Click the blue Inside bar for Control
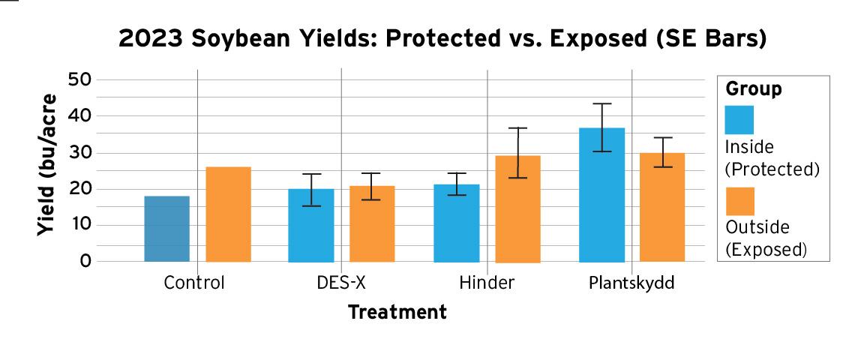tap(166, 229)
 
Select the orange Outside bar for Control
tap(228, 214)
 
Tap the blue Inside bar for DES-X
tap(311, 225)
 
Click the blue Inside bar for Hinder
tap(456, 223)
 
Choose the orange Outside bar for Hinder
tap(517, 209)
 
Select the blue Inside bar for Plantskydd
tap(601, 195)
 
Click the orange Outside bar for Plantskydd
tap(662, 207)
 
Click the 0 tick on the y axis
tap(85, 262)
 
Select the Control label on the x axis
tap(194, 284)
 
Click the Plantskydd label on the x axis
tap(631, 284)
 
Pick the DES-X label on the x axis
tap(341, 284)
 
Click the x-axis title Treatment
tap(397, 312)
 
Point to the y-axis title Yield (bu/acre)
tap(47, 165)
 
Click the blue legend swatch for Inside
tap(739, 120)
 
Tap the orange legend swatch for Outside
tap(739, 201)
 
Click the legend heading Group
tap(753, 89)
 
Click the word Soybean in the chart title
tap(253, 39)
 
